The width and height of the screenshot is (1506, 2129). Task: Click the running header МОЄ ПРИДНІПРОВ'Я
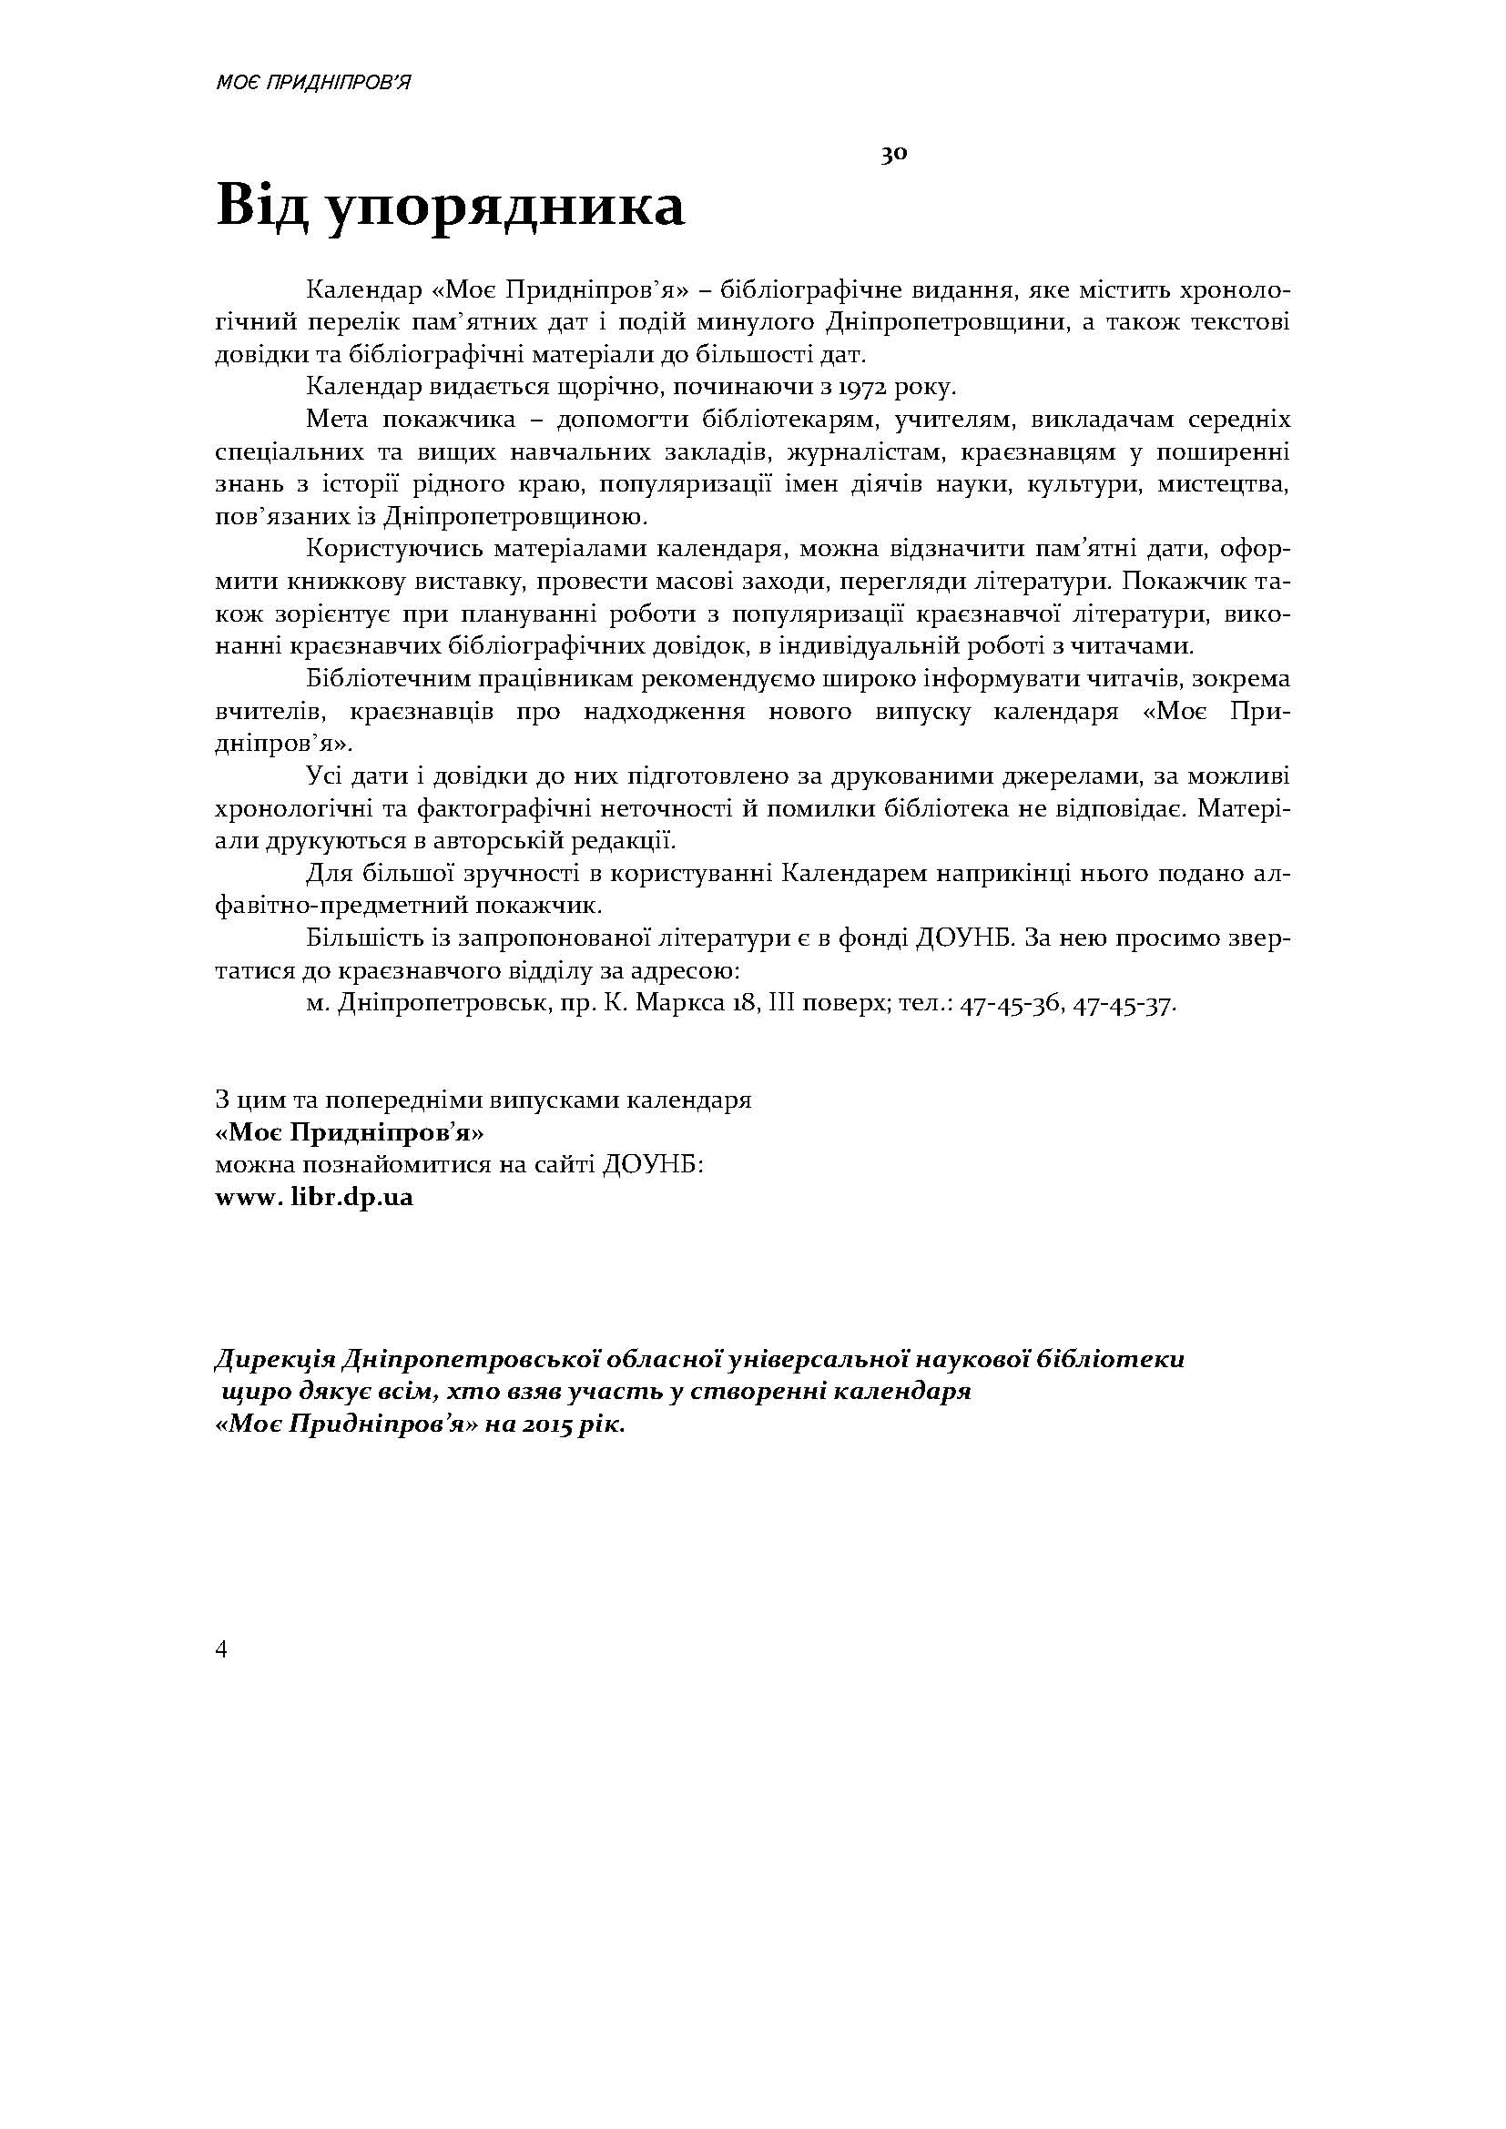coord(312,83)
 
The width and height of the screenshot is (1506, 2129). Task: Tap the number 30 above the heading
coord(893,155)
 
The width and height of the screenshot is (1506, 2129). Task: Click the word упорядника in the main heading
coord(506,207)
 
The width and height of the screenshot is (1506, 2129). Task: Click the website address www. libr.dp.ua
coord(314,1197)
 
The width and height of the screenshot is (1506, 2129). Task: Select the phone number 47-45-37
coord(1124,1004)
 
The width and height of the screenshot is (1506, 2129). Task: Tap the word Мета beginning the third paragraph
coord(337,420)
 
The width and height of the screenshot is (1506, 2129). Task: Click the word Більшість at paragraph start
coord(361,939)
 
